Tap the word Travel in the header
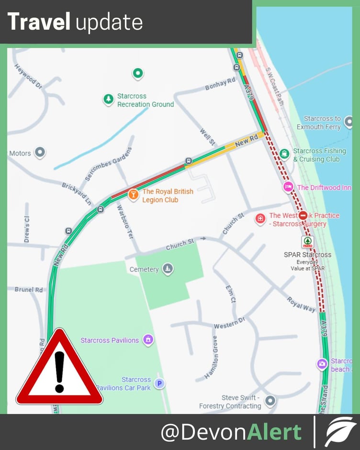tap(39, 22)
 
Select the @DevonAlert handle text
tap(231, 432)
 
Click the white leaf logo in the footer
tap(340, 432)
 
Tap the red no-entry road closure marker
tap(303, 216)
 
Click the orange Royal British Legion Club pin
tap(133, 194)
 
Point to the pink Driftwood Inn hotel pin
tap(288, 187)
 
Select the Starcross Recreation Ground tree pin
tap(109, 100)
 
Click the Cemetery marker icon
tap(168, 269)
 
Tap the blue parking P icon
tap(159, 383)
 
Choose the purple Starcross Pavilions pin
tap(148, 340)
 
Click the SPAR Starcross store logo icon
tap(307, 242)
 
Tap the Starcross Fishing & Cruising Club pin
tap(284, 153)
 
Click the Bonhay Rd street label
tap(220, 84)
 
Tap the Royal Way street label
tap(301, 304)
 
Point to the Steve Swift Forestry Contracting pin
tap(270, 400)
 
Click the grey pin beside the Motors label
tap(40, 153)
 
